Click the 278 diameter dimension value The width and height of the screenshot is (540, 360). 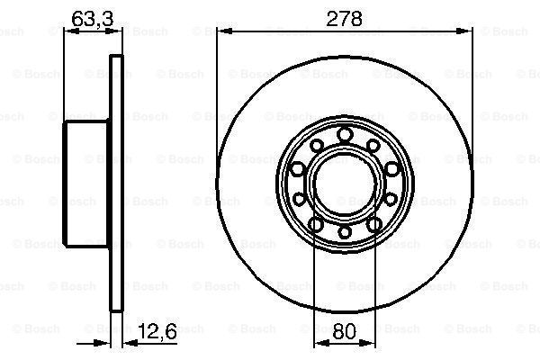click(x=345, y=19)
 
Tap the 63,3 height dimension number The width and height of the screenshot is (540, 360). click(x=93, y=19)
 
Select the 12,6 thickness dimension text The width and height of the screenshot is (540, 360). click(x=157, y=331)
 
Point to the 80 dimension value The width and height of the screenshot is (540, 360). click(x=345, y=331)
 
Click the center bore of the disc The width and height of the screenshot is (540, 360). click(x=345, y=186)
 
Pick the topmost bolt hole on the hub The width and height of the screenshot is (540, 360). click(x=345, y=134)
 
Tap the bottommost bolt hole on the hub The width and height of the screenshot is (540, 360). click(x=345, y=232)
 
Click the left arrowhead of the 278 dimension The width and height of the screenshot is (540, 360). click(x=225, y=31)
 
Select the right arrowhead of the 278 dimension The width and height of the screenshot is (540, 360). click(x=464, y=31)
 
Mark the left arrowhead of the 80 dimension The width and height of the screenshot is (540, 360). click(x=323, y=343)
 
